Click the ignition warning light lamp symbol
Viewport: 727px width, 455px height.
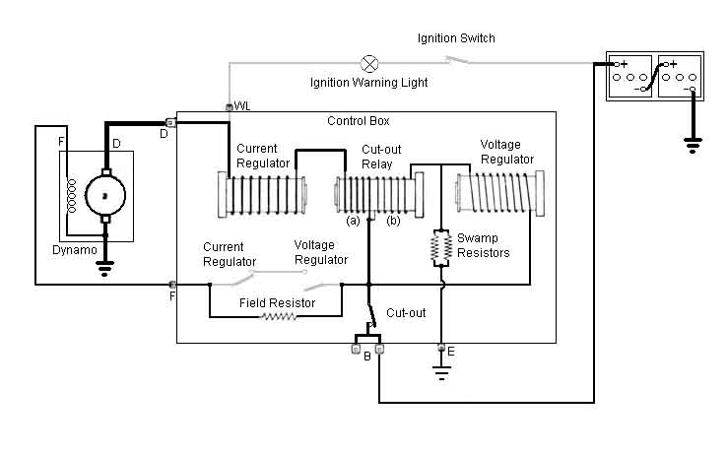pos(369,63)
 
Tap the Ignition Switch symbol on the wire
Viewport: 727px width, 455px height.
pos(457,60)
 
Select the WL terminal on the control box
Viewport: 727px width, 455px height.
pos(229,107)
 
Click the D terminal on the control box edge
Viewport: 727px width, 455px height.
pos(170,122)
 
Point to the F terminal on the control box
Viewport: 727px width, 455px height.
pos(172,285)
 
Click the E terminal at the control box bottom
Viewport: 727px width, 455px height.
pos(441,347)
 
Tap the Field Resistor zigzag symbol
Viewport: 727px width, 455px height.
pos(279,316)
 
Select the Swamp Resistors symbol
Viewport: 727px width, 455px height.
pos(441,248)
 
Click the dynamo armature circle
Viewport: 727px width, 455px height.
pos(105,196)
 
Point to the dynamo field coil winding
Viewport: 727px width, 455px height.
pos(71,196)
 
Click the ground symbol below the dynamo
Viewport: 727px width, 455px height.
pos(104,268)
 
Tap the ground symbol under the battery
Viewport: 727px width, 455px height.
pos(693,145)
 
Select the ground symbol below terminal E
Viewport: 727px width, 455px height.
pos(441,372)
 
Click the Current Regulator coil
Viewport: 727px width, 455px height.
pos(262,195)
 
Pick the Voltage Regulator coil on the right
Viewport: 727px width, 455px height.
pos(500,192)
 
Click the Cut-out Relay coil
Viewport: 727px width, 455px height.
pos(379,195)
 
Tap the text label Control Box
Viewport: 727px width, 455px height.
pos(358,121)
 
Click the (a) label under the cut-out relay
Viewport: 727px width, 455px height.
pos(353,221)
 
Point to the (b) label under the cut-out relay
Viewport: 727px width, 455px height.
pos(393,221)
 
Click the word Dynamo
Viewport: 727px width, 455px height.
pos(75,250)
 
